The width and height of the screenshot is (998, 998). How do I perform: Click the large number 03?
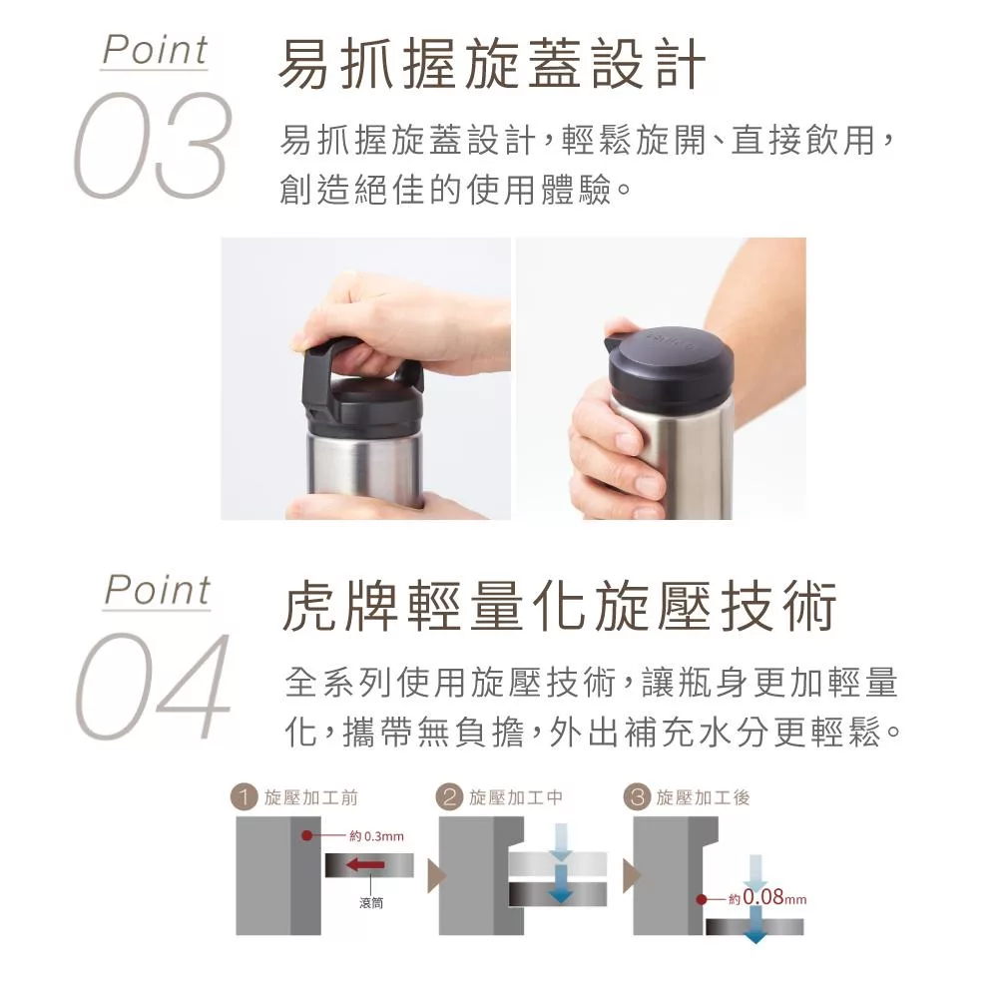[151, 145]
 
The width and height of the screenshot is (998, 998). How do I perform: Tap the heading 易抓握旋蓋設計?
[492, 64]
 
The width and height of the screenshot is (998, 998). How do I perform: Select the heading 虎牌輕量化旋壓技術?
[559, 606]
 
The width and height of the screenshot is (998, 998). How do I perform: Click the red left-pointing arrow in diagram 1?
[365, 865]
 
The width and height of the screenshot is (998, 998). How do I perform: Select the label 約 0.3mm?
[376, 836]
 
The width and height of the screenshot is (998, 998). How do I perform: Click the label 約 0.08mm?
[767, 898]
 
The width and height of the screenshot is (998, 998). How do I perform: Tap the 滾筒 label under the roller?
[370, 902]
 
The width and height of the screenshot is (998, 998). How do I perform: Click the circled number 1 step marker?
[244, 797]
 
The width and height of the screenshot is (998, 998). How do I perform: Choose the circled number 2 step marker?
[449, 797]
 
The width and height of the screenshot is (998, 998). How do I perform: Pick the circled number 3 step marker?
[637, 797]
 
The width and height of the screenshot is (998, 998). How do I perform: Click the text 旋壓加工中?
[516, 797]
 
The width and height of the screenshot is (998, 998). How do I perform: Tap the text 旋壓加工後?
[703, 797]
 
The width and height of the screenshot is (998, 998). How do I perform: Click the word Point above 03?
[155, 50]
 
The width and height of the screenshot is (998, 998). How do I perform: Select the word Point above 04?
[158, 591]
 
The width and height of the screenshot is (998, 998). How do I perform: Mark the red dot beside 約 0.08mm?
[702, 899]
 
